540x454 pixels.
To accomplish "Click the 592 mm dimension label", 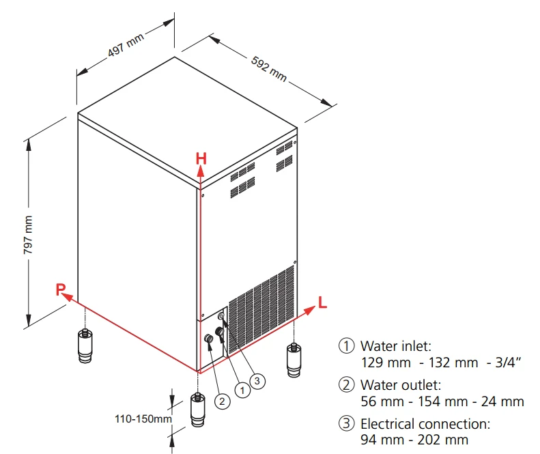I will (269, 69).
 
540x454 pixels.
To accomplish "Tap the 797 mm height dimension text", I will (29, 236).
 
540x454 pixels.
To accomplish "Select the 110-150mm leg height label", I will (143, 417).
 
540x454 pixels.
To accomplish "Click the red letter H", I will (201, 158).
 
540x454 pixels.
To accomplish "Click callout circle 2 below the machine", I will (223, 401).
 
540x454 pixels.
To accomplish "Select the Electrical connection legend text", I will (425, 424).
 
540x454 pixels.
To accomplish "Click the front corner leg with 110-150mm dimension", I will (197, 410).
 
